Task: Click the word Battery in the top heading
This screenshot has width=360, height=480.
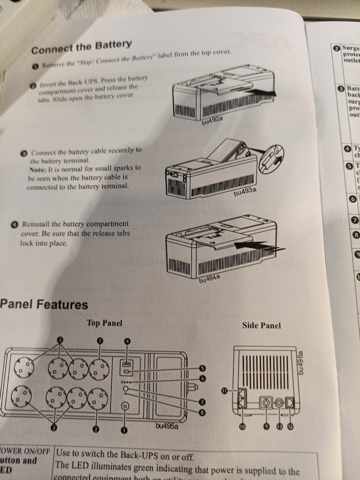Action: [x=112, y=45]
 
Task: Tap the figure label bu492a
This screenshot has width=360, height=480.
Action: [x=212, y=121]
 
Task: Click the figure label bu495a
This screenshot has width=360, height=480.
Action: [x=167, y=426]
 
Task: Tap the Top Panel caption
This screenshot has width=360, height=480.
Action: [x=104, y=323]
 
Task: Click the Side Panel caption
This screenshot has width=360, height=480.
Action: [x=261, y=326]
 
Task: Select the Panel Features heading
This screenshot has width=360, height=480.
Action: [x=43, y=305]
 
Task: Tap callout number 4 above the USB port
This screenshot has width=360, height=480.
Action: [x=128, y=341]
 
